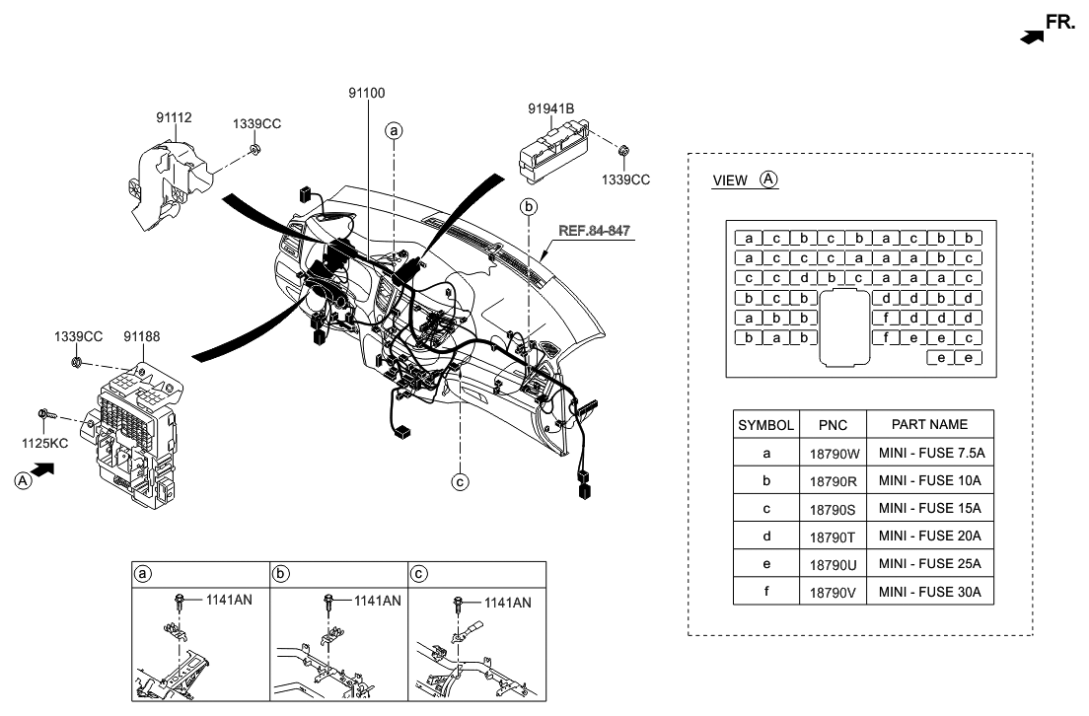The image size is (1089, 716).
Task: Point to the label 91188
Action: tap(142, 336)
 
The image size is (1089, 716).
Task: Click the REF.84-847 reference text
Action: tap(595, 231)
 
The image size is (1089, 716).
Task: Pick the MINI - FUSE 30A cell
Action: tap(929, 592)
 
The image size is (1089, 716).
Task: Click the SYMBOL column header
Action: tap(765, 425)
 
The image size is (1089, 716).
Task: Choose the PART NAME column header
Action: tap(929, 425)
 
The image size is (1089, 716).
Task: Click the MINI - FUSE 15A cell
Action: tap(929, 509)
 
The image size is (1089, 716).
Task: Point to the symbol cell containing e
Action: tap(765, 564)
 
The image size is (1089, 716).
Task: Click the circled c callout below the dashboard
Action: tap(459, 482)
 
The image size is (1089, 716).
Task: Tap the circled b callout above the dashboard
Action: tap(529, 207)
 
